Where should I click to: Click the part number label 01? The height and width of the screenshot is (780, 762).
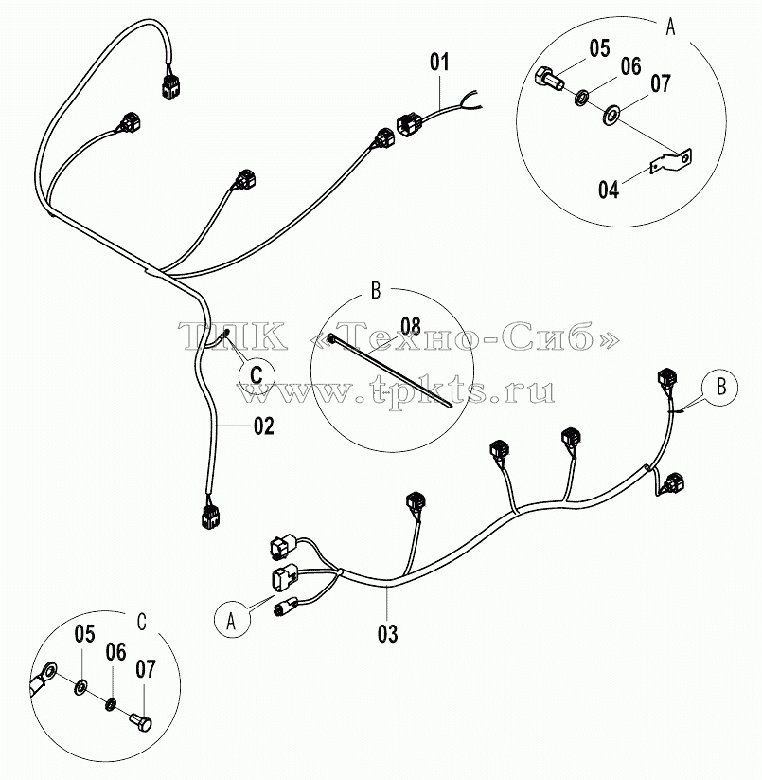coord(439,63)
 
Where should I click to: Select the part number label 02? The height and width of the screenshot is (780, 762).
coord(264,426)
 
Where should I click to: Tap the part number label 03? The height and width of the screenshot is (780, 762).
coord(387,634)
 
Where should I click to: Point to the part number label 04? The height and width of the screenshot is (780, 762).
coord(609,190)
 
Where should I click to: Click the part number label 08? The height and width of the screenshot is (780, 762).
coord(410,326)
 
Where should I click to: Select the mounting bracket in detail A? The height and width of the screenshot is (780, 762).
coord(671,161)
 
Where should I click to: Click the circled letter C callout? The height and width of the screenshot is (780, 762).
coord(257,374)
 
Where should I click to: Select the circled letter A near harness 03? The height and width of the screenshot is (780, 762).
coord(232,621)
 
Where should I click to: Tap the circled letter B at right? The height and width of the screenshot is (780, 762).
coord(719,387)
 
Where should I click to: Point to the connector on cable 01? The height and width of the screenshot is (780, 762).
coord(410,123)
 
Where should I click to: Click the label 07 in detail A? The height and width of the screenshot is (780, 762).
coord(660,83)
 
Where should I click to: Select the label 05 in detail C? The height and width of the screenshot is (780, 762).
coord(84,634)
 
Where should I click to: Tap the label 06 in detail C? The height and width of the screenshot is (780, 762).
coord(115,652)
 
